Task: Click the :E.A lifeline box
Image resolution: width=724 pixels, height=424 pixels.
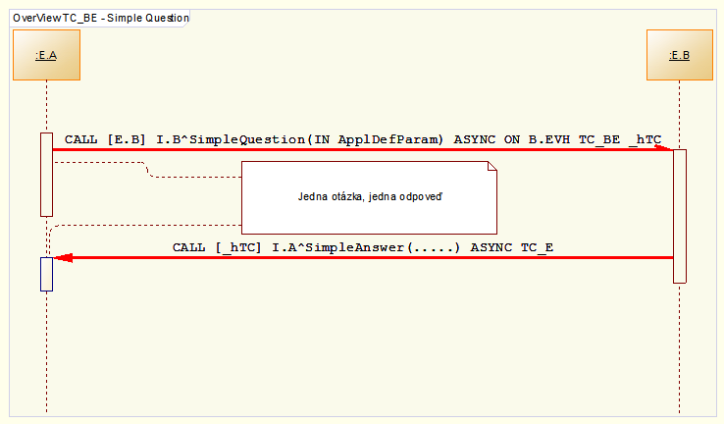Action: point(46,55)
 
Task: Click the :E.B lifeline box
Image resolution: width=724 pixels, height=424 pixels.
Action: point(679,55)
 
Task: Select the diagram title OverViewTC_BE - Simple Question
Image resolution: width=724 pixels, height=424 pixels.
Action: point(101,18)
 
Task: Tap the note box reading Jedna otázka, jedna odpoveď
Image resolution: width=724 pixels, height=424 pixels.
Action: point(370,196)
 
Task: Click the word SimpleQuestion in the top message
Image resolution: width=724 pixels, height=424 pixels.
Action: point(245,139)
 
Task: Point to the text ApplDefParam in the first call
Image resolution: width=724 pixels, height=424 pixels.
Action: point(390,139)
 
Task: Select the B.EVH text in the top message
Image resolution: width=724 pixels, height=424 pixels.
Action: point(550,139)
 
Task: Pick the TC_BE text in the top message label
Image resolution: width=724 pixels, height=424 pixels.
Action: point(598,139)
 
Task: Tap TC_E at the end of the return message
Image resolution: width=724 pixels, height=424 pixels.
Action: point(536,247)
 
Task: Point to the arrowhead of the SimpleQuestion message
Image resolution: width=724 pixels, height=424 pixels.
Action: point(667,149)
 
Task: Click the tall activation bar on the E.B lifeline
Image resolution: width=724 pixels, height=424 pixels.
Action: point(679,216)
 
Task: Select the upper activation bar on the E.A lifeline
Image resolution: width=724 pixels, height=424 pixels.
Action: point(46,174)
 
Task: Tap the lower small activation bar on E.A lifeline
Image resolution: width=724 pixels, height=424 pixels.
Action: point(46,274)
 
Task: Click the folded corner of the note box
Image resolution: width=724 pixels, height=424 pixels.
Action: point(492,170)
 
